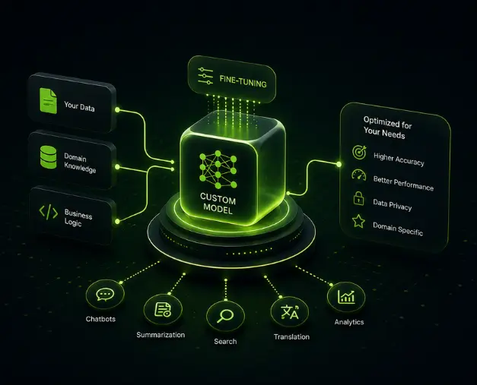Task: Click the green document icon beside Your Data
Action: [x=48, y=101]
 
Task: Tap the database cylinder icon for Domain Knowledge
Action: [x=48, y=157]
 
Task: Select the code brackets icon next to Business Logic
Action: [x=49, y=212]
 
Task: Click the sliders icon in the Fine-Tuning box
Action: [x=205, y=76]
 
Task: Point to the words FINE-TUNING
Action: [x=243, y=81]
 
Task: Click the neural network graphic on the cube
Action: [x=218, y=169]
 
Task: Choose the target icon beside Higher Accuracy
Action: [x=359, y=152]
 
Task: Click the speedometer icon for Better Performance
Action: [x=359, y=175]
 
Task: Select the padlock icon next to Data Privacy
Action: [x=358, y=198]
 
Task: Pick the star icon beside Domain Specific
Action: [x=358, y=221]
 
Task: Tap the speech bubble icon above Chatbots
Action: [x=105, y=295]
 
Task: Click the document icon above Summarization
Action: [x=163, y=310]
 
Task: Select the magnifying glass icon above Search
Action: [x=225, y=316]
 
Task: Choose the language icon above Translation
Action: [x=290, y=312]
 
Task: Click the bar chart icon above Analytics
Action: [x=346, y=297]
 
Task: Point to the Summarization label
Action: [x=161, y=335]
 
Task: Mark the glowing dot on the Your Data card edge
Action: [x=117, y=109]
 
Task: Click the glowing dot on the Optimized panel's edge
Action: [x=339, y=164]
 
